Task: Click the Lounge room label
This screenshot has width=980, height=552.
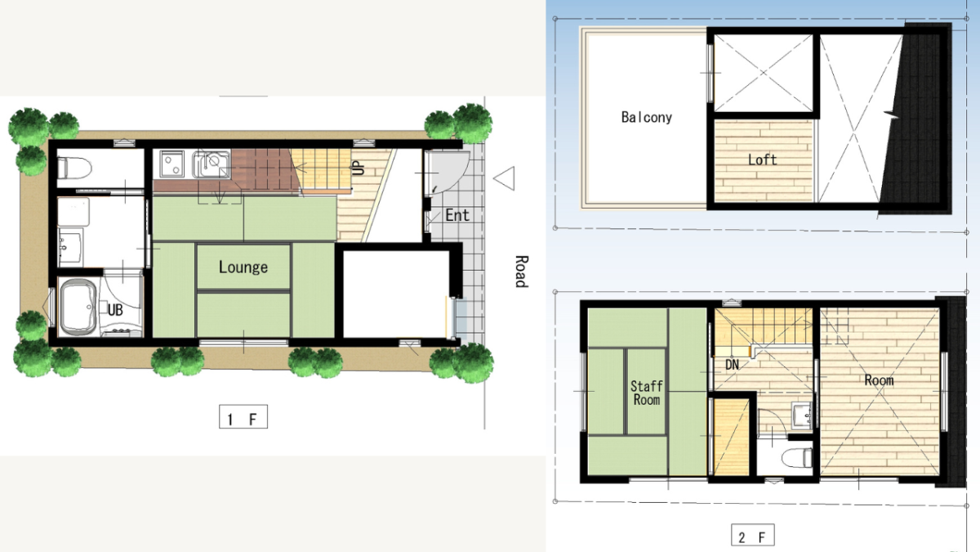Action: (x=243, y=267)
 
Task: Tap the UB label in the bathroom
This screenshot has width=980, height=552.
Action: (x=115, y=310)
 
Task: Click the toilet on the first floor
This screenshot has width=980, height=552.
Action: (x=75, y=168)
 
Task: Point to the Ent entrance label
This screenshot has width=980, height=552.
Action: (x=457, y=215)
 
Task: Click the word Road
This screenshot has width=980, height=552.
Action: (x=521, y=272)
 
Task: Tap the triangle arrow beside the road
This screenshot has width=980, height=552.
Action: (x=504, y=178)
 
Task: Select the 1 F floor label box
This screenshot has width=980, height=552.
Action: (x=243, y=416)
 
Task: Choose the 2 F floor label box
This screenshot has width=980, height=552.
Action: (x=752, y=536)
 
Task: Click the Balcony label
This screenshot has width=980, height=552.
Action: (x=647, y=117)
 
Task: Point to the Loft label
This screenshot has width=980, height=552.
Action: (x=762, y=159)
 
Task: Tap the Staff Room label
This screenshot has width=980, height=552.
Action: (x=647, y=393)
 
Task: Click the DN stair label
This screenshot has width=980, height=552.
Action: (x=732, y=365)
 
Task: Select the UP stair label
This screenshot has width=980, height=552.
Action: (x=359, y=168)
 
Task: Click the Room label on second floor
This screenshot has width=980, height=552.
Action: (x=879, y=379)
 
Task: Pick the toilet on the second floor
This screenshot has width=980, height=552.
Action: (x=797, y=458)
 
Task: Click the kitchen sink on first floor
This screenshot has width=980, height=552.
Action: (x=212, y=164)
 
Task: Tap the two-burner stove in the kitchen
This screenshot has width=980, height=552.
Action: (x=171, y=164)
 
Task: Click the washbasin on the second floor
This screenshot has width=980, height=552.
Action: (x=802, y=415)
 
